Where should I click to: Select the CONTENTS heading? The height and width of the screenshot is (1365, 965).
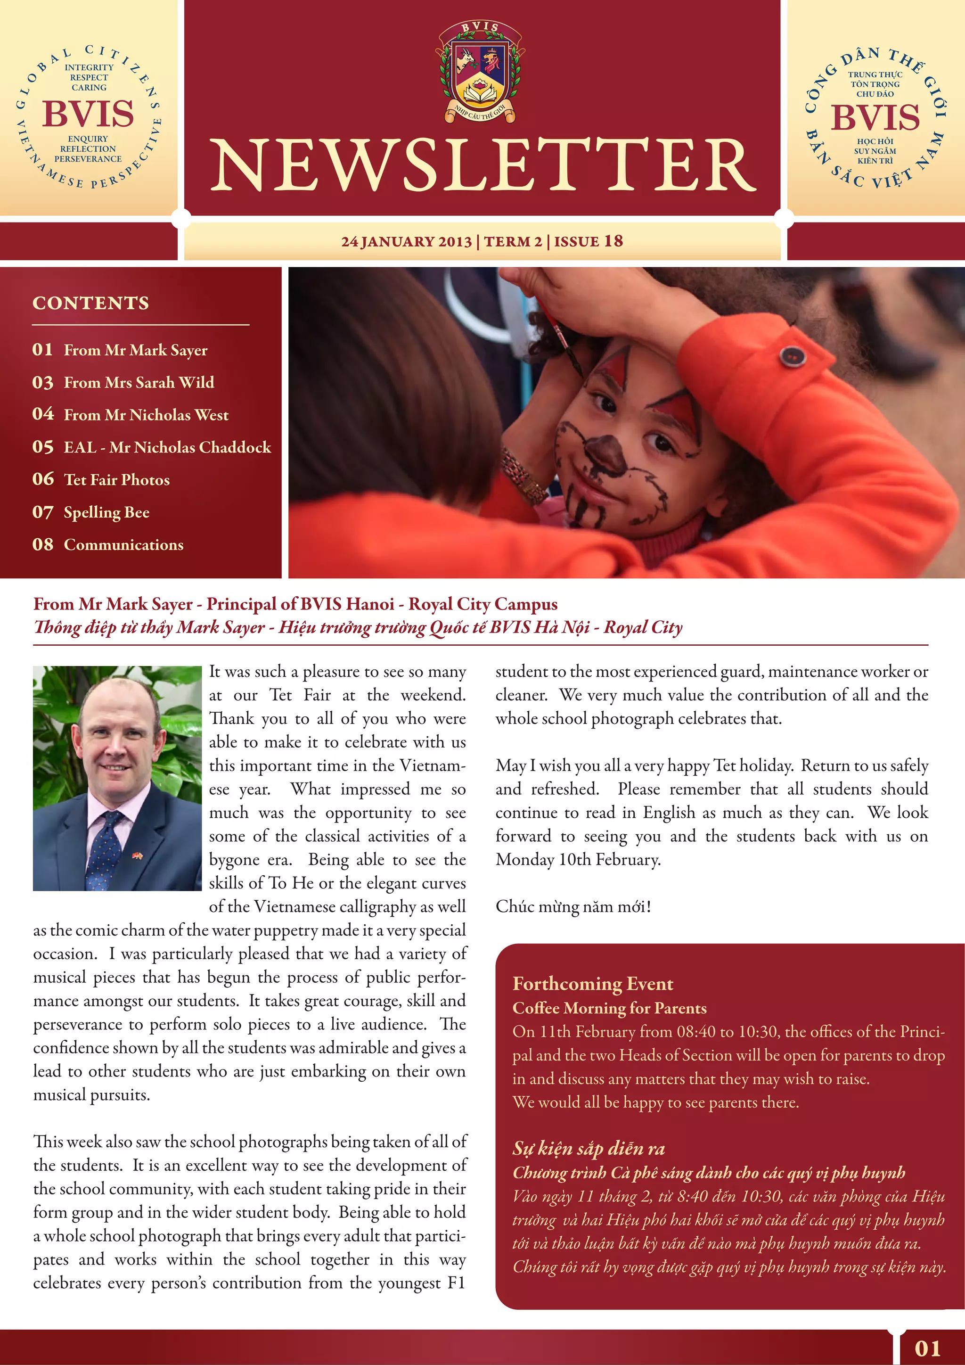pyautogui.click(x=91, y=303)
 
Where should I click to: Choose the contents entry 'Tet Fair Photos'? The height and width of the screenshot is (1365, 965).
pyautogui.click(x=116, y=480)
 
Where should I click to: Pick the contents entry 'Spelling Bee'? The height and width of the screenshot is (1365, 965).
pyautogui.click(x=106, y=512)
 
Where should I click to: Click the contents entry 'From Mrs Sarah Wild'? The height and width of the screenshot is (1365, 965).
pyautogui.click(x=139, y=382)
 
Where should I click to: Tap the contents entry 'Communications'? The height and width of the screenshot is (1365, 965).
pyautogui.click(x=123, y=544)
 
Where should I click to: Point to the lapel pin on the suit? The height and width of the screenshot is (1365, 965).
pyautogui.click(x=137, y=856)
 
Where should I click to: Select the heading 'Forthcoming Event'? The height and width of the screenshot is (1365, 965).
pyautogui.click(x=592, y=984)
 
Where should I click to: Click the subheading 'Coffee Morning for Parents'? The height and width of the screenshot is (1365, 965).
pyautogui.click(x=609, y=1008)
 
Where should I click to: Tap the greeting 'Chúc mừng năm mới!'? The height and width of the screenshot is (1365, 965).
pyautogui.click(x=573, y=907)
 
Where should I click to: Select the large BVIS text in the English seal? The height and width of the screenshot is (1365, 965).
pyautogui.click(x=88, y=114)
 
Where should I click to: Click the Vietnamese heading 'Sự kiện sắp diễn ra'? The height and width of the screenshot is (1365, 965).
pyautogui.click(x=588, y=1149)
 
